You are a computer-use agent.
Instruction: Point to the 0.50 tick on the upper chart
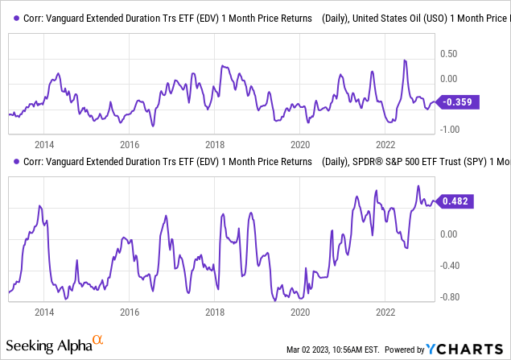[x=448, y=53]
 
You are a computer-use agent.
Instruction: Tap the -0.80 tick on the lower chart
[x=447, y=297]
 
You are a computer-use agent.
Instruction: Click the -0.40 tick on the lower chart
[x=447, y=266]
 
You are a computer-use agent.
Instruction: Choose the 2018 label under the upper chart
[x=214, y=145]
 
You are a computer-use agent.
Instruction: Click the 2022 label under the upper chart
[x=385, y=145]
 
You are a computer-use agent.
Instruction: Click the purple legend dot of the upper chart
[x=18, y=19]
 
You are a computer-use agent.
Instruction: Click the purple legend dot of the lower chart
[x=18, y=162]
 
